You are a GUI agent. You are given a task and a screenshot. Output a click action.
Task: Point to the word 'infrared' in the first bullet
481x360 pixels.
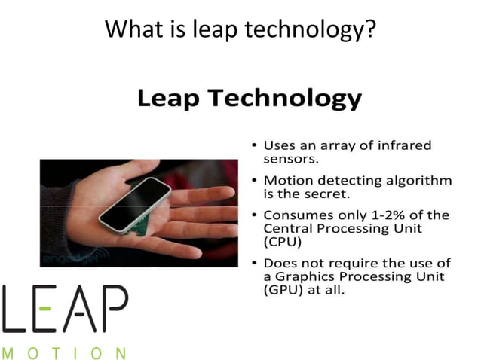[x=414, y=145]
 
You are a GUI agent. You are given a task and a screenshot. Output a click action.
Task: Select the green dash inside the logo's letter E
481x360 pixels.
[x=46, y=309]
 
